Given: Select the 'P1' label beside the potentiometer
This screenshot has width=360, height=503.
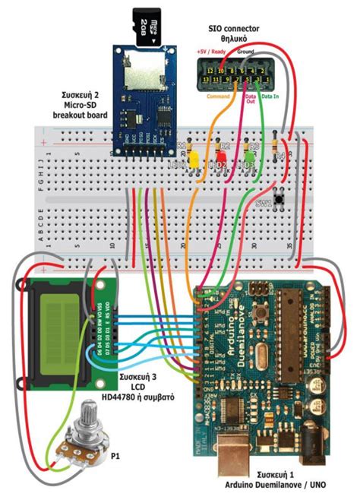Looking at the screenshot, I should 115,457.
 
